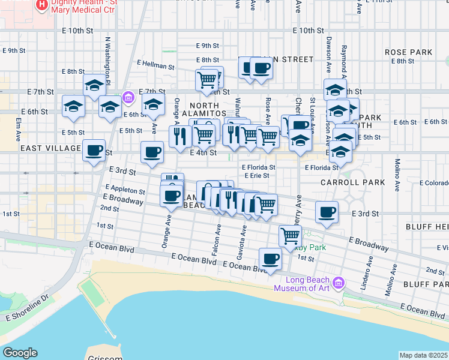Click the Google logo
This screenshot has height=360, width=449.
[20, 353]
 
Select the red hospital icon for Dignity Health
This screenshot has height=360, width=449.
[42, 6]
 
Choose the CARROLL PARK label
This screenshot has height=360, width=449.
[343, 182]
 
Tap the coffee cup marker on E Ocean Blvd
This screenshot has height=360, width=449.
[270, 259]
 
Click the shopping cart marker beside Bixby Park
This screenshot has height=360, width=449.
[291, 235]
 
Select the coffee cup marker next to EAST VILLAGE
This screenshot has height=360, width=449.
[94, 151]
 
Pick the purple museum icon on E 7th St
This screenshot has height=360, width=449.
[127, 97]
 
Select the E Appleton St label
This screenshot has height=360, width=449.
[125, 188]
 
